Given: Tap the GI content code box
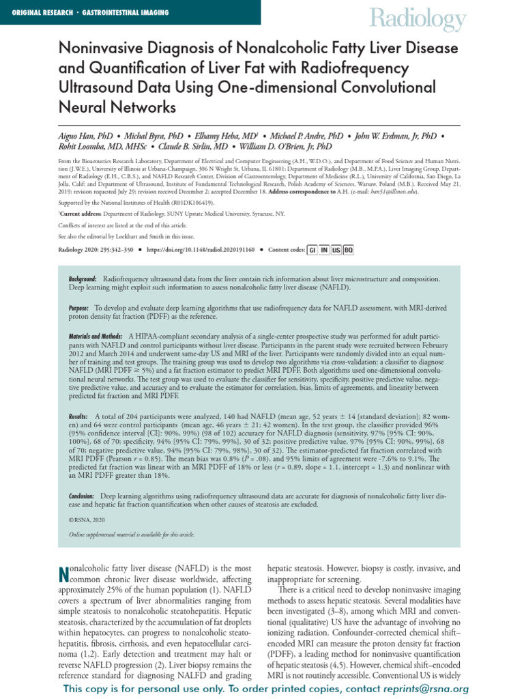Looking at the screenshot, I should pos(312,251).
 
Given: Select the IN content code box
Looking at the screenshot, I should pos(324,251).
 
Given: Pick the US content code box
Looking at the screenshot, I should pos(336,251).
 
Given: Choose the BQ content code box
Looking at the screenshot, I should pos(348,251).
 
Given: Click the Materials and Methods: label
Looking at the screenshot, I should pos(96,337).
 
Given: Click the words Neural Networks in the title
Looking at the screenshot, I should pos(117,107).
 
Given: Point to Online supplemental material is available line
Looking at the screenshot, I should pos(125,534).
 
